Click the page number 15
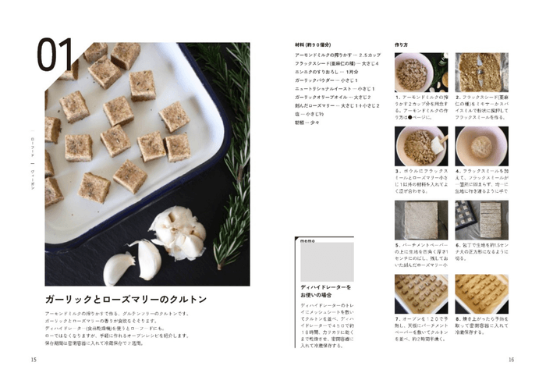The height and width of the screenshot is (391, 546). tap(34, 360)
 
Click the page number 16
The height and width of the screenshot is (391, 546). tap(511, 360)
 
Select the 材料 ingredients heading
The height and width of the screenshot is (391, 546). tap(312, 45)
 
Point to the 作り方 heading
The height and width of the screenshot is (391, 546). tap(402, 45)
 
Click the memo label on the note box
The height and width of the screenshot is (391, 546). tap(305, 242)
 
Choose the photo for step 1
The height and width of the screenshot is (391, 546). tap(420, 73)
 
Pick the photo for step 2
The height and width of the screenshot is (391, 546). tap(481, 73)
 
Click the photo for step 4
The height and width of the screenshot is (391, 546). tap(481, 146)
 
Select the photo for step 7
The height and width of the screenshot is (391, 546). tap(420, 293)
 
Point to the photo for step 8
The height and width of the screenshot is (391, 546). tap(481, 293)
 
